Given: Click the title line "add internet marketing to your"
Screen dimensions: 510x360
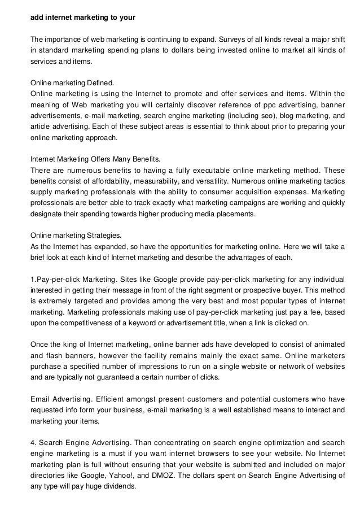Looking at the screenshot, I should click(82, 17).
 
